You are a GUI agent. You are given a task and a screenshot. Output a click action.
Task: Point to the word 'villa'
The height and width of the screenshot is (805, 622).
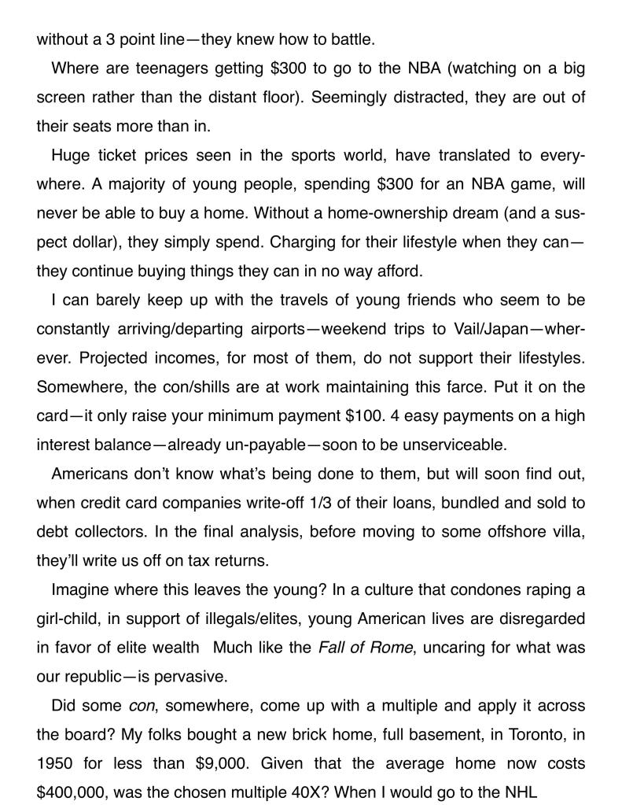coord(566,531)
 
